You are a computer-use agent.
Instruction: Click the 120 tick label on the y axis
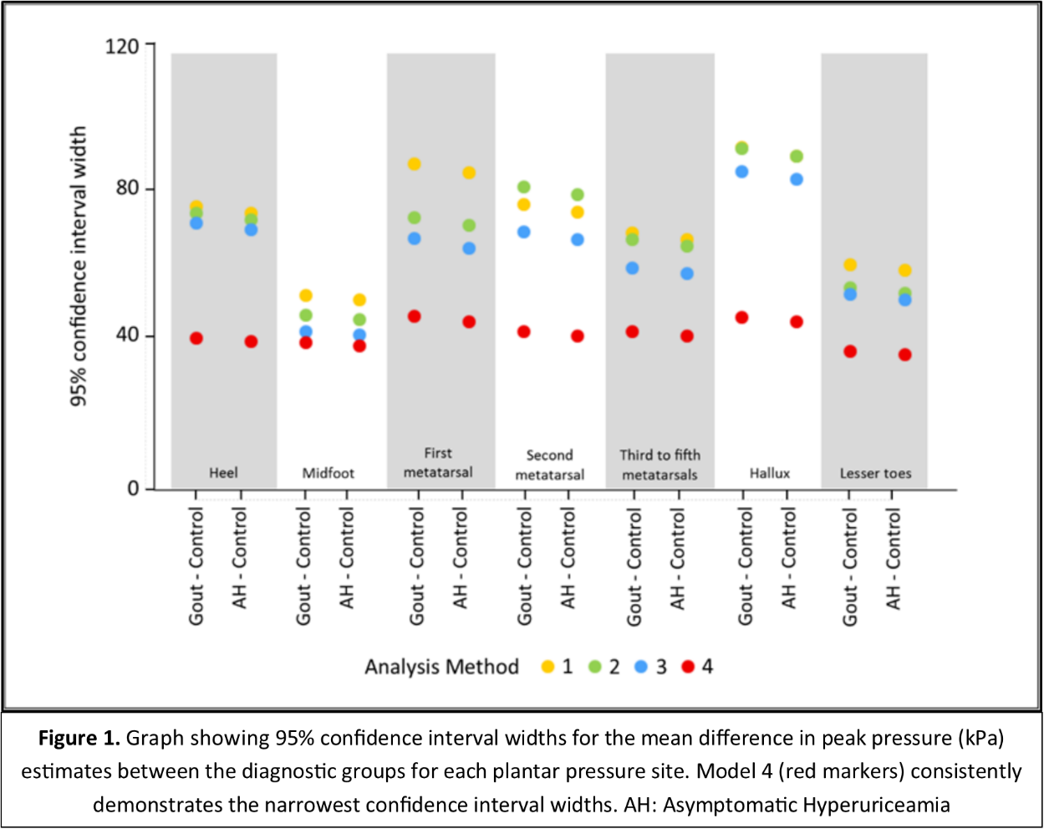point(122,45)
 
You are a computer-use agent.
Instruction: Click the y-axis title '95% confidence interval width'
point(78,267)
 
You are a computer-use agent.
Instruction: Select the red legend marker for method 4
point(688,667)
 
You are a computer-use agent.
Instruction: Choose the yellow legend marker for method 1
point(548,667)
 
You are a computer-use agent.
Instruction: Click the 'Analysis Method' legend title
point(441,667)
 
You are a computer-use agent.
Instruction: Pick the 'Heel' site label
point(223,473)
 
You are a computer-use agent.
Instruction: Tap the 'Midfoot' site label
point(328,473)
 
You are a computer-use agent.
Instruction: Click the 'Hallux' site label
point(769,473)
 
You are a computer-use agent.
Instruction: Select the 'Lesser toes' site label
point(875,473)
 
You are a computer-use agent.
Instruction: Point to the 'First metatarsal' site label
point(438,463)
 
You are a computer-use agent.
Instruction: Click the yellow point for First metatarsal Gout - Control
point(414,164)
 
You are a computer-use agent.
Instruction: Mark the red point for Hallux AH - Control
point(796,321)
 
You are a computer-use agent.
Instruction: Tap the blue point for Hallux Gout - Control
point(741,171)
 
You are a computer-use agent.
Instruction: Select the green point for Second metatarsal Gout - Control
point(523,187)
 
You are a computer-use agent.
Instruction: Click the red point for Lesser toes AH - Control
point(904,355)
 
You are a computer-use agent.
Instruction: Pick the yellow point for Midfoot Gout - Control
point(306,295)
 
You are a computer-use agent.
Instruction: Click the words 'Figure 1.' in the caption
point(80,739)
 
